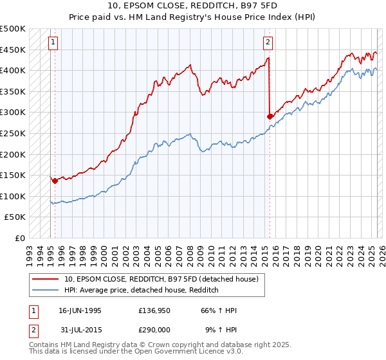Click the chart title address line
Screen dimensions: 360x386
pyautogui.click(x=193, y=6)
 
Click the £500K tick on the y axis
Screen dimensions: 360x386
pyautogui.click(x=13, y=29)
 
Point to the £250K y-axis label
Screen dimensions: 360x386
pyautogui.click(x=13, y=133)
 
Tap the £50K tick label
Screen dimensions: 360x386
pyautogui.click(x=15, y=217)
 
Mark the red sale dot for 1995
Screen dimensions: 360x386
pyautogui.click(x=55, y=181)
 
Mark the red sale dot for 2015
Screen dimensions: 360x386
pyautogui.click(x=270, y=116)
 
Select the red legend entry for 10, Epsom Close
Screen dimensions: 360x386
pyautogui.click(x=161, y=279)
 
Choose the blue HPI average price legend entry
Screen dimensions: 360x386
pyautogui.click(x=142, y=291)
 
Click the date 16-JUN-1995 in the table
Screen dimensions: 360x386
pyautogui.click(x=80, y=310)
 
